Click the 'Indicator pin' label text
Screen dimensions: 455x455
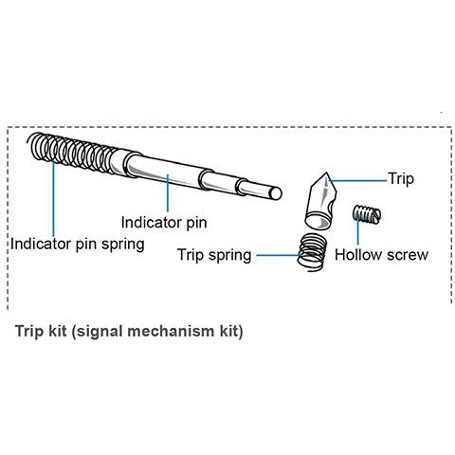click(x=164, y=223)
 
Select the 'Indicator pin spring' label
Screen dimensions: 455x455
click(x=78, y=245)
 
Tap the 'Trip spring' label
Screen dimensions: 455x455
click(x=214, y=255)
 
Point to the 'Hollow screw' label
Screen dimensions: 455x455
click(x=381, y=255)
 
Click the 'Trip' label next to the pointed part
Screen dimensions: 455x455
click(x=401, y=179)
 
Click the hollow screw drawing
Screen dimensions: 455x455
click(x=367, y=214)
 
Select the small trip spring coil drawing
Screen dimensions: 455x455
click(x=312, y=252)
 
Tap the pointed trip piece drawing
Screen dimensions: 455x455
click(x=320, y=201)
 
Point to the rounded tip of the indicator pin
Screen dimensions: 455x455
click(x=278, y=193)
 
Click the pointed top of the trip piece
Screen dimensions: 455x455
click(x=326, y=173)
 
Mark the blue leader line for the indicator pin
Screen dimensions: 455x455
click(x=168, y=193)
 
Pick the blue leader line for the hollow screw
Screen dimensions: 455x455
click(x=358, y=230)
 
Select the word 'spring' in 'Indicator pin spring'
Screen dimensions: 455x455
click(x=123, y=246)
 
